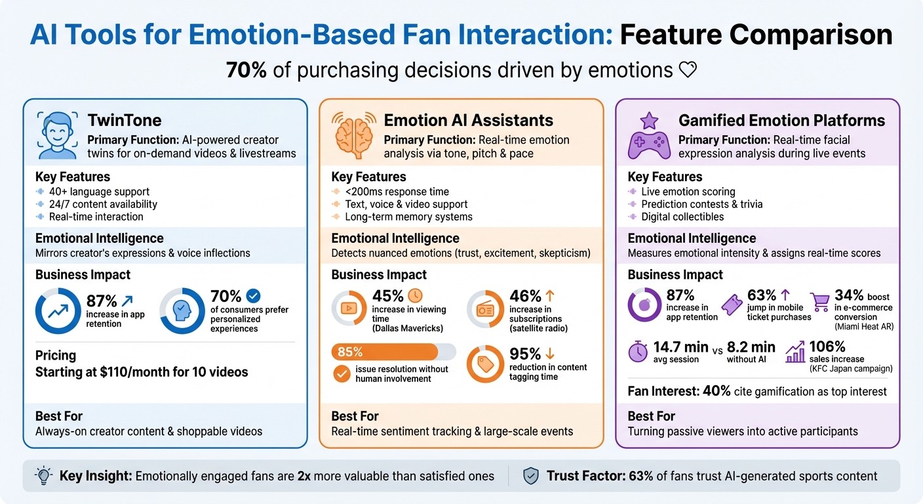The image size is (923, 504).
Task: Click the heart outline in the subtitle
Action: click(688, 70)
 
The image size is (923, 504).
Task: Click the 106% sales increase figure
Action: click(827, 346)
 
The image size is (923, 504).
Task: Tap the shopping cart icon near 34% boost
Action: click(820, 303)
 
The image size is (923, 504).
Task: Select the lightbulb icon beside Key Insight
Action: click(43, 476)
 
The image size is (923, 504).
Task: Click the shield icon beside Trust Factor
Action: click(530, 476)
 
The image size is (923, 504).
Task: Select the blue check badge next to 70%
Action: click(252, 296)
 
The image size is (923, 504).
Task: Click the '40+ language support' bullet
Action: click(99, 192)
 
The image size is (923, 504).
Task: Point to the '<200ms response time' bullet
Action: click(397, 192)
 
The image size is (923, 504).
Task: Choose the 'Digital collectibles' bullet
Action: click(682, 217)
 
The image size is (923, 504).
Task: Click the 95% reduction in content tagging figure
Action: click(525, 354)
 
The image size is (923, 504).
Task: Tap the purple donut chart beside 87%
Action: click(644, 306)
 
